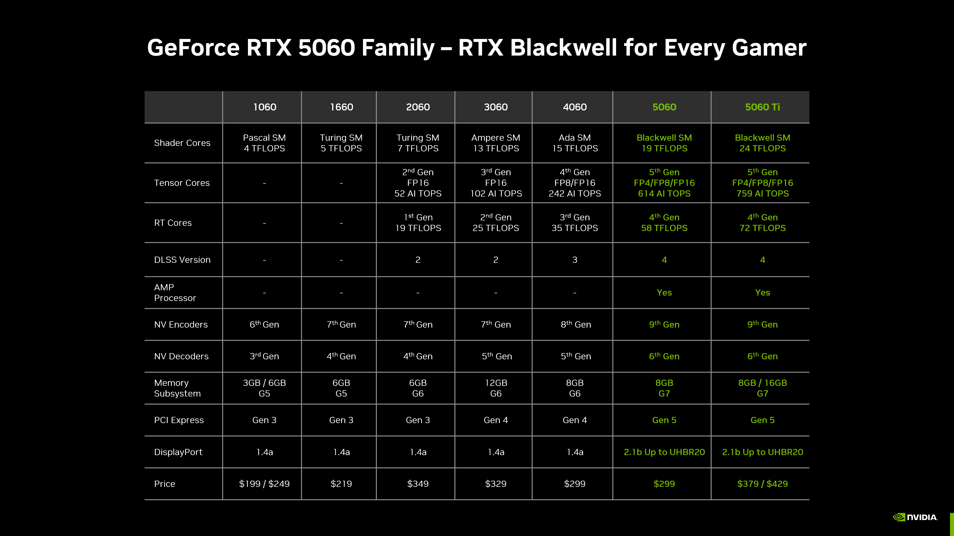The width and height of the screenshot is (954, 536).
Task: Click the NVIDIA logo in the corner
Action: pyautogui.click(x=915, y=517)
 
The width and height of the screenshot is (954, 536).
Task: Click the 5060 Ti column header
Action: pyautogui.click(x=762, y=107)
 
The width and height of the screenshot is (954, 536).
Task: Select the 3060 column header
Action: pyautogui.click(x=496, y=107)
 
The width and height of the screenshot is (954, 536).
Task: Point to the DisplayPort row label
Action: pyautogui.click(x=178, y=452)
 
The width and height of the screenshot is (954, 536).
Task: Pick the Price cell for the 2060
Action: pyautogui.click(x=418, y=484)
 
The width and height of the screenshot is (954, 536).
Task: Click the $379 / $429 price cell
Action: pyautogui.click(x=762, y=484)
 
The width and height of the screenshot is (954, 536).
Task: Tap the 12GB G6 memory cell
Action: pyautogui.click(x=496, y=388)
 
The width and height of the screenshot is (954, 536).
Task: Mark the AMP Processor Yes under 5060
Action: pyautogui.click(x=664, y=293)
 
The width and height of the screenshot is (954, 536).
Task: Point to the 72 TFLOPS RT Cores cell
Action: pyautogui.click(x=762, y=223)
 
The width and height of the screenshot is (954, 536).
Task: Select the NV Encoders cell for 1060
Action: pyautogui.click(x=264, y=324)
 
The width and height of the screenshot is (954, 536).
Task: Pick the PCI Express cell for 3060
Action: pyautogui.click(x=496, y=420)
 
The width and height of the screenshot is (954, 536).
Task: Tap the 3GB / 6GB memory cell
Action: pyautogui.click(x=264, y=388)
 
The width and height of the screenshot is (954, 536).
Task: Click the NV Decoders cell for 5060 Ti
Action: pyautogui.click(x=762, y=356)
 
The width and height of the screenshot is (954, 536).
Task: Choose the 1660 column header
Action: pyautogui.click(x=341, y=107)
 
